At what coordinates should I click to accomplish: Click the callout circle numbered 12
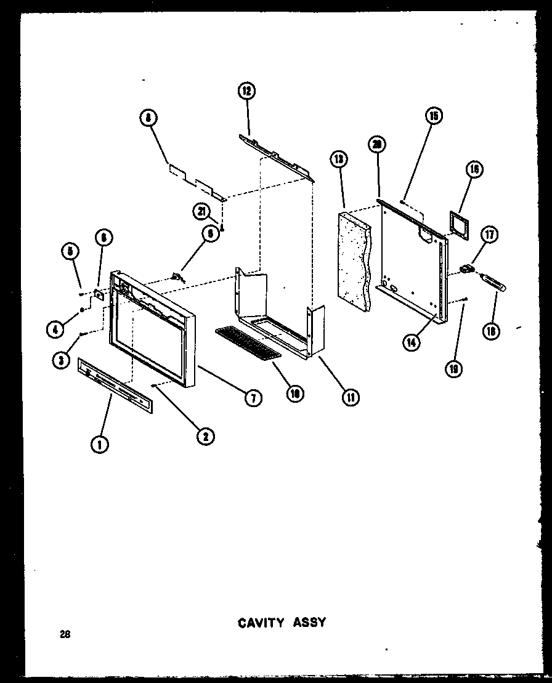pyautogui.click(x=246, y=92)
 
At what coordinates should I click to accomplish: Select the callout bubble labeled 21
pyautogui.click(x=201, y=211)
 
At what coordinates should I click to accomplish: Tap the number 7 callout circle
pyautogui.click(x=252, y=398)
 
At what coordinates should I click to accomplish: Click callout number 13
pyautogui.click(x=338, y=160)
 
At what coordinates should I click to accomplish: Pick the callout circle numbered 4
pyautogui.click(x=55, y=329)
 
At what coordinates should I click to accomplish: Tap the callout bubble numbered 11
pyautogui.click(x=350, y=398)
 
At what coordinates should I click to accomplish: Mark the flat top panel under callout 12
pyautogui.click(x=275, y=156)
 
